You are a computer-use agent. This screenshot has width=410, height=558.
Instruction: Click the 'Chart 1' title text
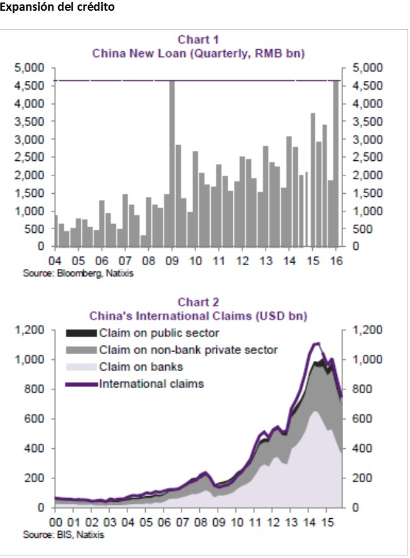pyautogui.click(x=198, y=40)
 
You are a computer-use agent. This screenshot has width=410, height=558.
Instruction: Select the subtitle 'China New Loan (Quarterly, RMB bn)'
pyautogui.click(x=198, y=54)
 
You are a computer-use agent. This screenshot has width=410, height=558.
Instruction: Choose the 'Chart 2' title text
pyautogui.click(x=198, y=302)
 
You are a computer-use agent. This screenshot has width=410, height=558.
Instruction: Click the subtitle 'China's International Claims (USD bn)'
pyautogui.click(x=198, y=315)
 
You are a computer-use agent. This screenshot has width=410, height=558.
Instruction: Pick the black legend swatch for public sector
pyautogui.click(x=81, y=333)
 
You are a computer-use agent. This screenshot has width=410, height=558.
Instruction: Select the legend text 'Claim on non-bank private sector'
pyautogui.click(x=188, y=350)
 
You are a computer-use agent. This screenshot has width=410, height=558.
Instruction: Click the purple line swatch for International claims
pyautogui.click(x=81, y=383)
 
